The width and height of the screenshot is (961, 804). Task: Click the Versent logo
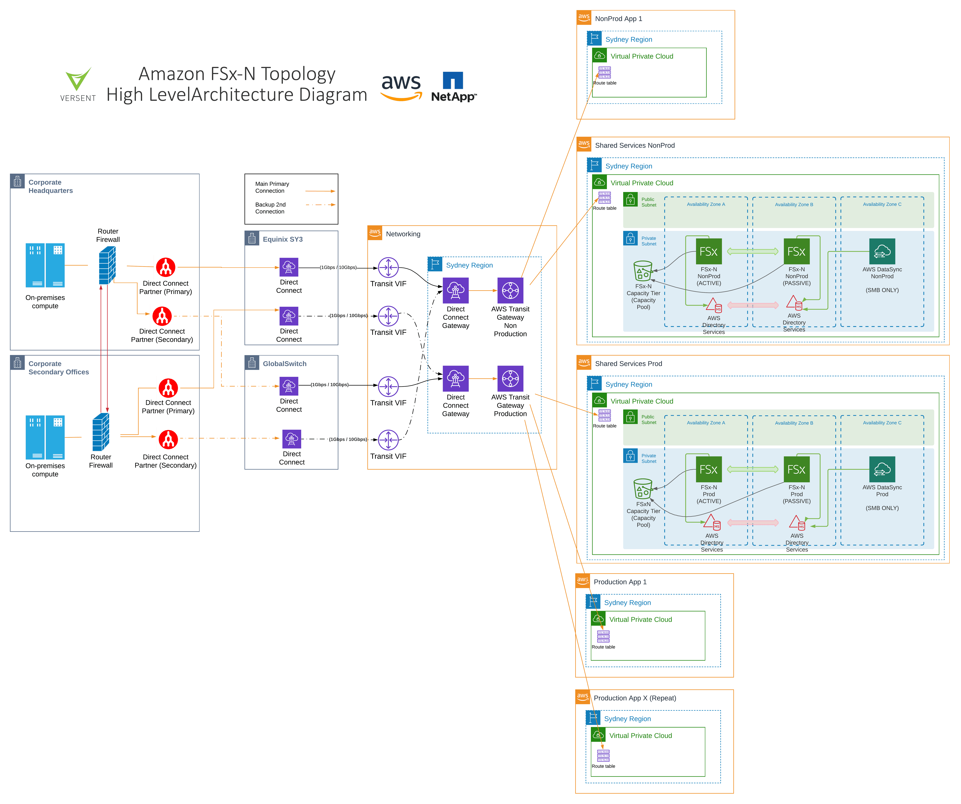[78, 85]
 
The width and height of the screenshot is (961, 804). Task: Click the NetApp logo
[453, 87]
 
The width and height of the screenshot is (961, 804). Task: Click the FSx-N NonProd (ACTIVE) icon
[708, 251]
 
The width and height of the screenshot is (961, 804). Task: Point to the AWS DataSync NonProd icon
[882, 251]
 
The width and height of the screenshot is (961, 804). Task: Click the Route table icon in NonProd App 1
[605, 72]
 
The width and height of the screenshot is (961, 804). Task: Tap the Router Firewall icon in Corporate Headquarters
[108, 265]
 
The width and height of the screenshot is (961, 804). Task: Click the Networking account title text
[403, 234]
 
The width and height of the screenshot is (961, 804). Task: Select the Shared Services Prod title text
[628, 363]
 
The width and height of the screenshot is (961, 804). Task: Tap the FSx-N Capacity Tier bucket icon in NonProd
[643, 271]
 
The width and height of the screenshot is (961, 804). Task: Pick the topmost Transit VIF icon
[388, 267]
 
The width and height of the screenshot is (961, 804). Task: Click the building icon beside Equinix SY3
[252, 238]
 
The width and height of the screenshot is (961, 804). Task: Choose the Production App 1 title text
[620, 582]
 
